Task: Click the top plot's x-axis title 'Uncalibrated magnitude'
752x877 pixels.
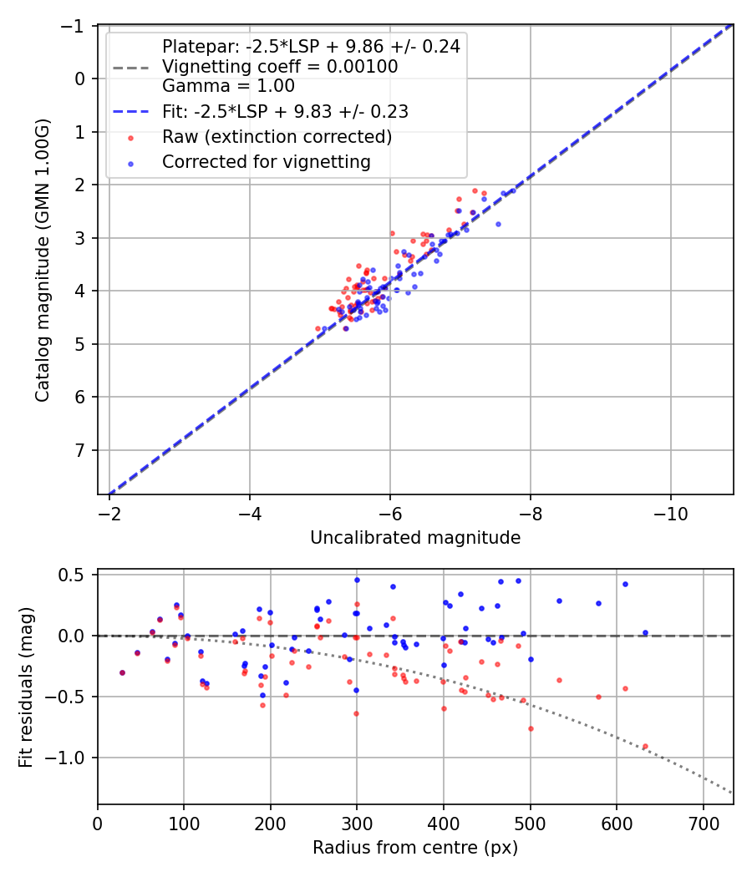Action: [x=415, y=538]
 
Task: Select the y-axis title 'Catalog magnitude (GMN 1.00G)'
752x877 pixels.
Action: [x=42, y=260]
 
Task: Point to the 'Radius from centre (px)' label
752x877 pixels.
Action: [x=415, y=848]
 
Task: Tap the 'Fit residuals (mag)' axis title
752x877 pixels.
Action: [x=26, y=687]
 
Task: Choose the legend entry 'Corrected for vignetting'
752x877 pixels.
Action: [x=267, y=162]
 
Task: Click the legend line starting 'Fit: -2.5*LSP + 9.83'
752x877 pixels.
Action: [x=285, y=111]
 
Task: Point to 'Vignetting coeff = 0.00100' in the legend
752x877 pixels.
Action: [x=280, y=67]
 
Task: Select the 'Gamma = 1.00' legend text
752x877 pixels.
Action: [x=228, y=86]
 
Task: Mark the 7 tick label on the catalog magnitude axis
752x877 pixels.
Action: [x=81, y=451]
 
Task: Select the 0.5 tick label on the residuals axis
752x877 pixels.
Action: [x=75, y=575]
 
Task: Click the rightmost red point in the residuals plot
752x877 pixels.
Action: [x=644, y=746]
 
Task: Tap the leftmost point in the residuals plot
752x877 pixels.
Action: [x=122, y=672]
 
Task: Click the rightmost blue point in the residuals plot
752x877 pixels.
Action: [x=645, y=633]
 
